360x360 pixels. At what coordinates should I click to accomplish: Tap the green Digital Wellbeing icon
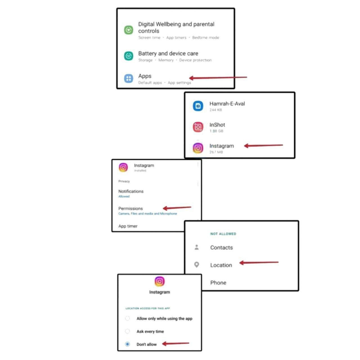[129, 30]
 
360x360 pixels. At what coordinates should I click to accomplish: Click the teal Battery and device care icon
[129, 56]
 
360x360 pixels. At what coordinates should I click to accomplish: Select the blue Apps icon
[129, 78]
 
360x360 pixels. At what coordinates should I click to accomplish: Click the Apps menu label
[145, 76]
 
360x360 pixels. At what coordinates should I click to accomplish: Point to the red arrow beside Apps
[218, 78]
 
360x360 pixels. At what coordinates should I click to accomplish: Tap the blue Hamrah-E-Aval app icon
[198, 106]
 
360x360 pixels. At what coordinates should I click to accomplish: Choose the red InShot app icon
[198, 127]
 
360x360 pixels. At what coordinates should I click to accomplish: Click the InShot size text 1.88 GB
[216, 131]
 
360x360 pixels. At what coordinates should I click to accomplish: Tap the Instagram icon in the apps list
[198, 148]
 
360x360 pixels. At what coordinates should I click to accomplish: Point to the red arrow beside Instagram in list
[264, 145]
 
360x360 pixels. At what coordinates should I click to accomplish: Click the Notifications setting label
[131, 191]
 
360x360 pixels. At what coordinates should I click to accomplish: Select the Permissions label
[130, 208]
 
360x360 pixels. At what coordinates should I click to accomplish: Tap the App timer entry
[128, 226]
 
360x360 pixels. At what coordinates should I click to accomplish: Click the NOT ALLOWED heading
[223, 234]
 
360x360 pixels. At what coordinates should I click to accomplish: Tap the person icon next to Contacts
[197, 247]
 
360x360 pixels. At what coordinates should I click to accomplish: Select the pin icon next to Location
[197, 265]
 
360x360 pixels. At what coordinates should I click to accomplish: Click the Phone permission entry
[218, 283]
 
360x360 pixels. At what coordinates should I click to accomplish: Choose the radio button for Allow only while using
[127, 318]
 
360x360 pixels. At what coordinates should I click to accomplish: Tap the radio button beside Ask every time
[127, 331]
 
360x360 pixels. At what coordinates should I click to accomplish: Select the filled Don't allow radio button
[127, 344]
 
